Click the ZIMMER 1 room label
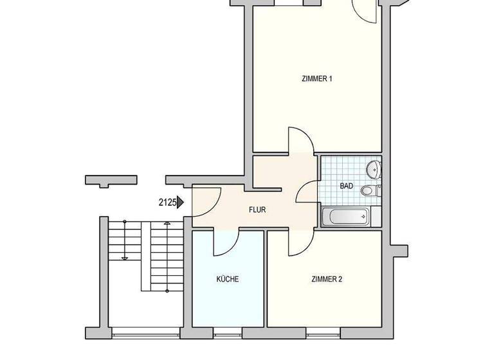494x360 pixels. (316, 79)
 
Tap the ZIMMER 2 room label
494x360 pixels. (326, 279)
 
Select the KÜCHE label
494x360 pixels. (228, 279)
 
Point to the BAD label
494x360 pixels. (346, 186)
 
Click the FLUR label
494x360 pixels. (257, 210)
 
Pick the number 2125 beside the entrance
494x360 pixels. (167, 203)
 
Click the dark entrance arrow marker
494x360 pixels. (181, 203)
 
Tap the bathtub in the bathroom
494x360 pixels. (345, 217)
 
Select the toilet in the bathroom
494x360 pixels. (368, 190)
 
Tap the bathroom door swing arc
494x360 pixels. (307, 192)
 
